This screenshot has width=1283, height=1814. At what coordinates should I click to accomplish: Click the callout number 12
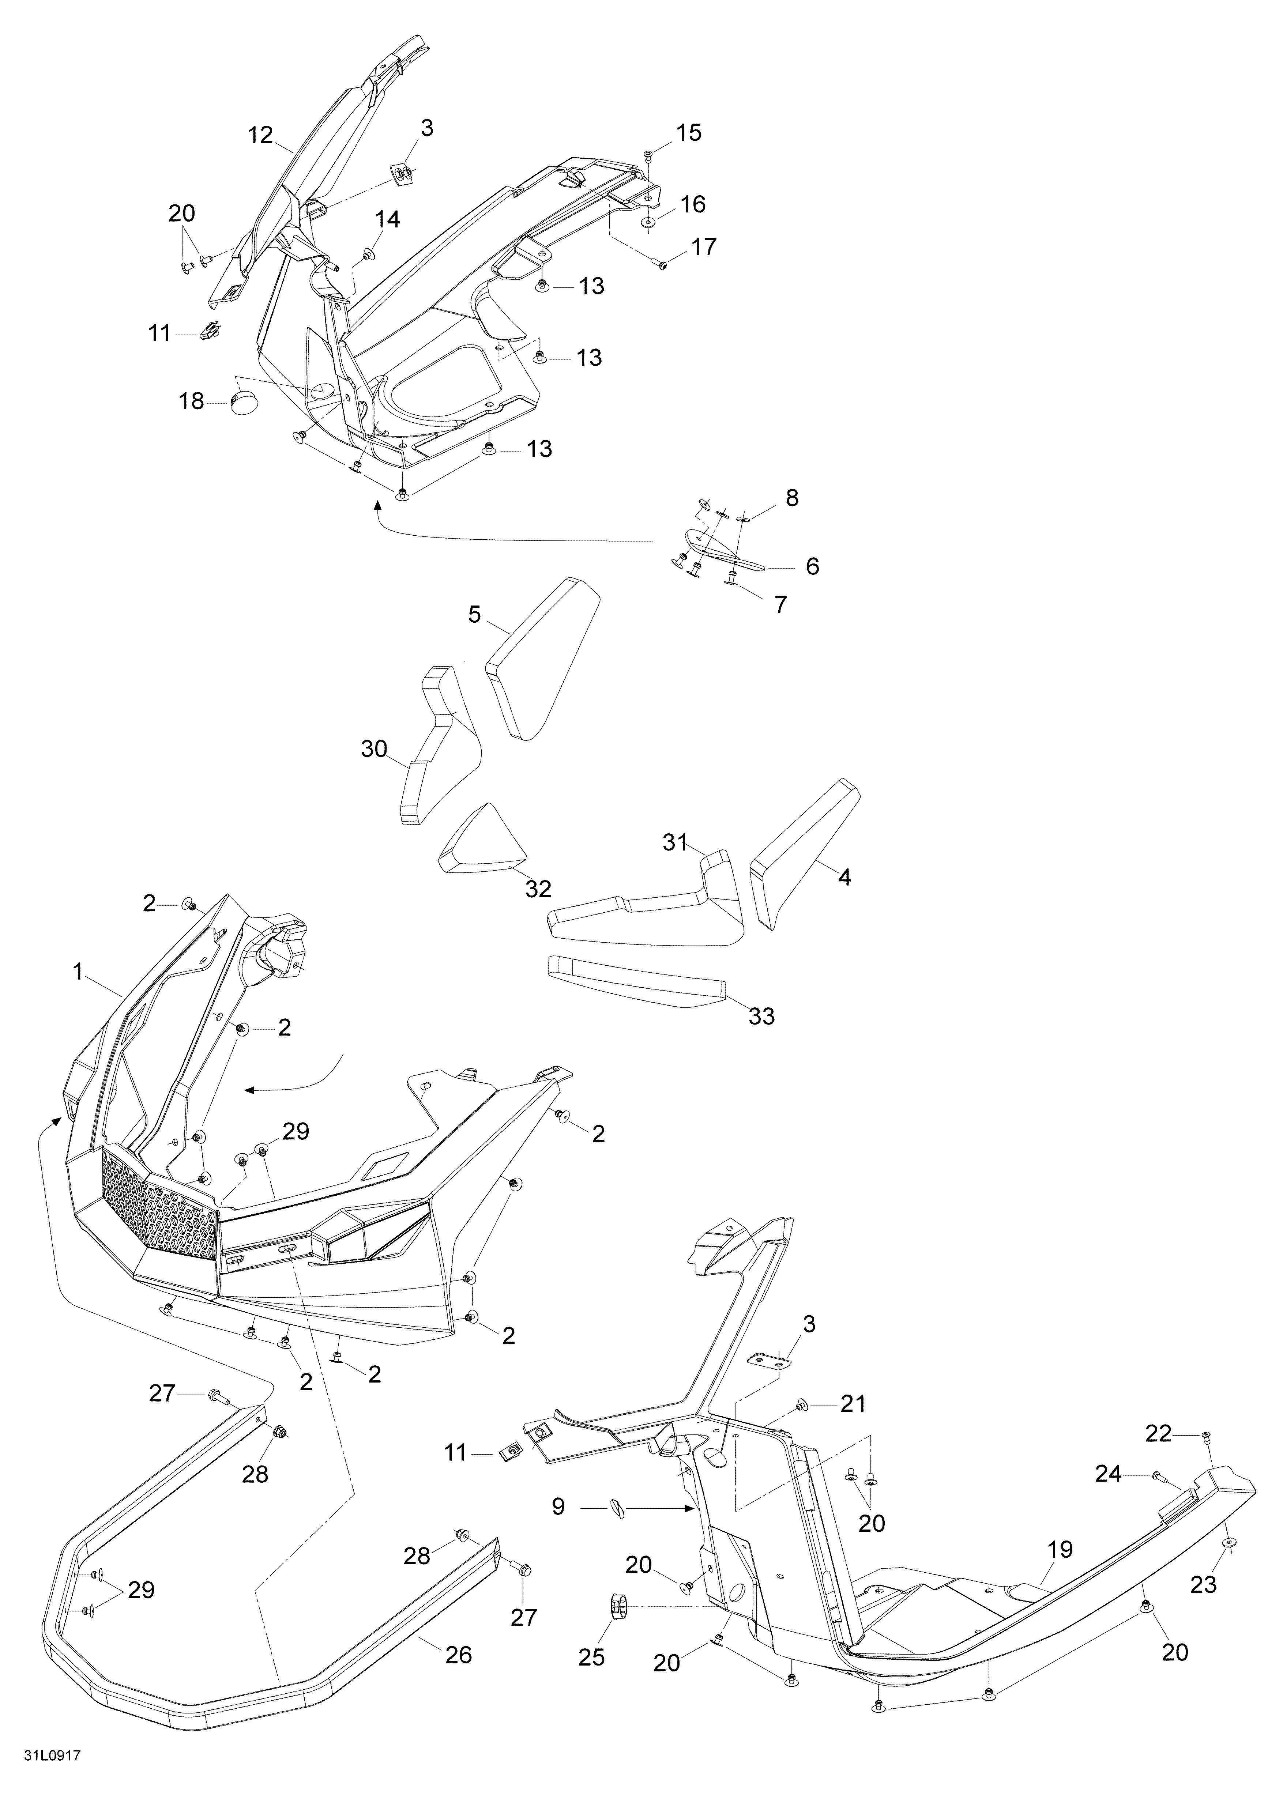[260, 135]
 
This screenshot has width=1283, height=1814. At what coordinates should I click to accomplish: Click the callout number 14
[387, 220]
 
